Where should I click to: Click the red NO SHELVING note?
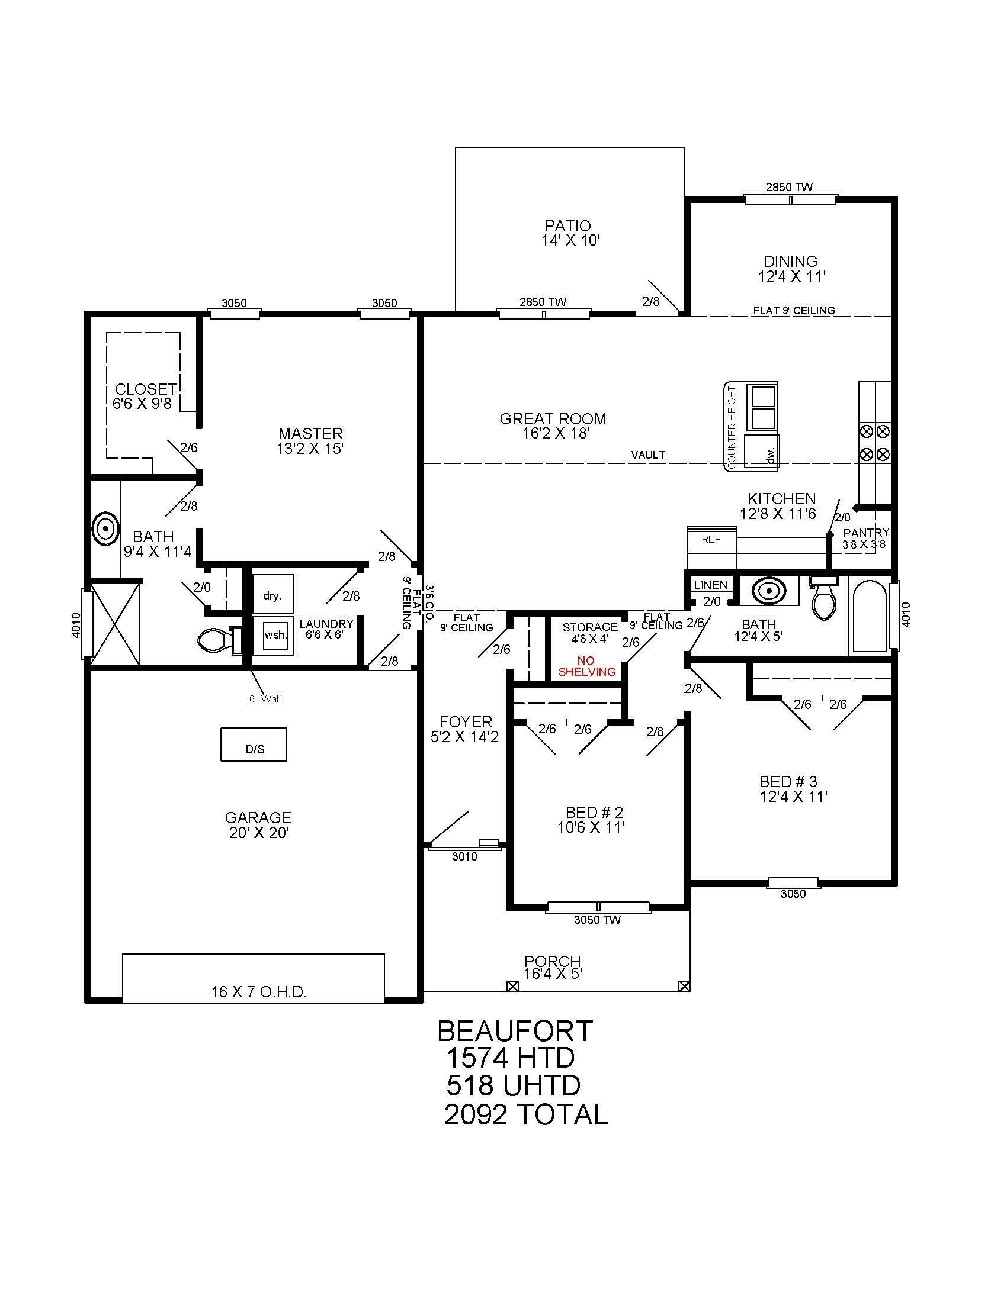[x=587, y=666]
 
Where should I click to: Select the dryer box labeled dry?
[x=273, y=594]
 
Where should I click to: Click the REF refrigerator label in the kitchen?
[x=711, y=540]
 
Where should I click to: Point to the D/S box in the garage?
[x=254, y=744]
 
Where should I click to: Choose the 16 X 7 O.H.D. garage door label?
[x=258, y=992]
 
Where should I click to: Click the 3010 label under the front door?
[x=465, y=857]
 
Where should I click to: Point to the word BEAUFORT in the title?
[x=515, y=1031]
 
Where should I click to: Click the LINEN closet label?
[x=710, y=585]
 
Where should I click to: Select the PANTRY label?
[x=866, y=533]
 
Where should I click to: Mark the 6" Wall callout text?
[x=265, y=699]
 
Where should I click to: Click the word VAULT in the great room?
[x=648, y=455]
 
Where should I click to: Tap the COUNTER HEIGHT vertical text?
[x=732, y=426]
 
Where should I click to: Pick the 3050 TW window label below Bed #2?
[x=597, y=920]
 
